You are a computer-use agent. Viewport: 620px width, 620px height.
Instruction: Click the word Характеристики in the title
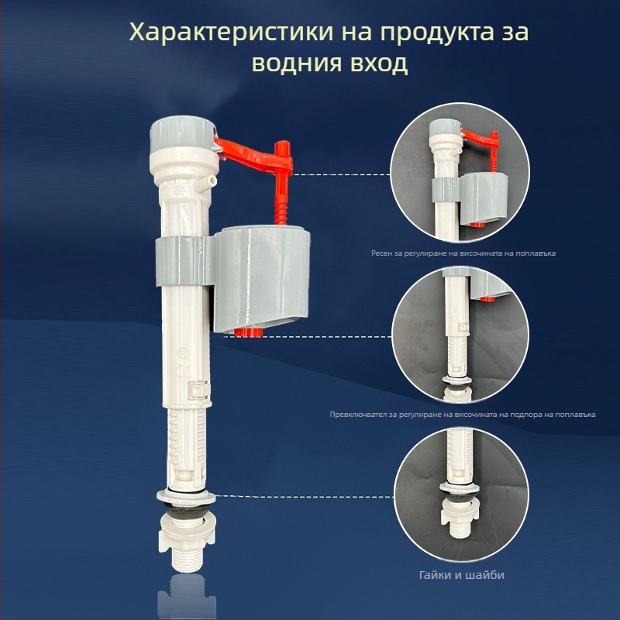[231, 33]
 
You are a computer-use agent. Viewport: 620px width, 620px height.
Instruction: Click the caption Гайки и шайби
[461, 574]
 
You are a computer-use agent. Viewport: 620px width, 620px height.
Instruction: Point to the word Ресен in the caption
[381, 253]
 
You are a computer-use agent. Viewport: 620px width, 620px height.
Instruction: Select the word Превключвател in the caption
[355, 415]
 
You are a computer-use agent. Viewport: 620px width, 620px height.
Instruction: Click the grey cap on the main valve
[183, 133]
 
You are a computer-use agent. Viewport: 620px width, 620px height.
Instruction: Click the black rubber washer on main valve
[187, 511]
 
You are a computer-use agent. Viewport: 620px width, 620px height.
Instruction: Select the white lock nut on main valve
[187, 534]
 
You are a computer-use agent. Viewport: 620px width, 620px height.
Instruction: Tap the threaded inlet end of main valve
[186, 560]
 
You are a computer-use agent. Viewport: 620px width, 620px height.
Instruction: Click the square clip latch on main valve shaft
[199, 391]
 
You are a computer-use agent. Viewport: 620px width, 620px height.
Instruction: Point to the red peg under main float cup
[248, 332]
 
